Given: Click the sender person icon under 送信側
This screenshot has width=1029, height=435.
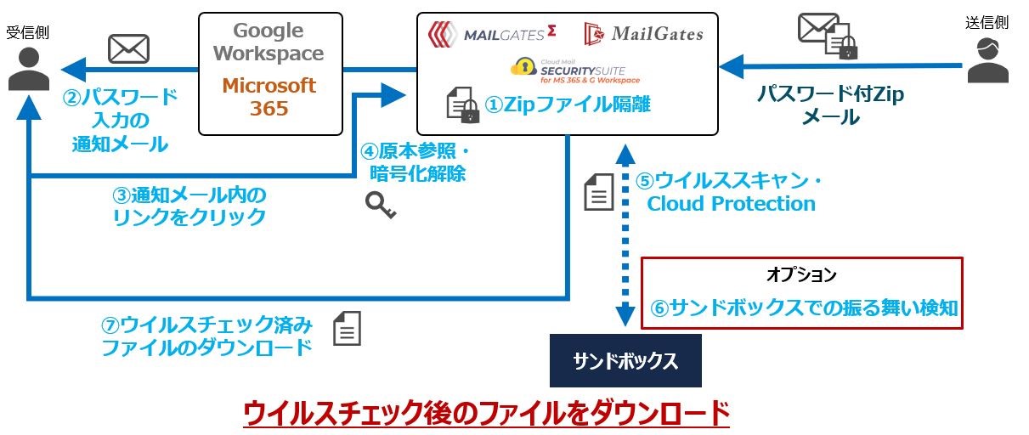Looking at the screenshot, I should (x=987, y=61).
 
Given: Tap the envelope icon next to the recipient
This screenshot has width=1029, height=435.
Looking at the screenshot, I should (x=128, y=48).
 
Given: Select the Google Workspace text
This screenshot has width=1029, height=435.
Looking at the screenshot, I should (x=268, y=42).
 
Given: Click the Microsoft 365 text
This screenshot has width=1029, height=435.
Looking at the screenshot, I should (x=269, y=97).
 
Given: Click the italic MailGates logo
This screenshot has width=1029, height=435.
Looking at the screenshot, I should (x=644, y=34).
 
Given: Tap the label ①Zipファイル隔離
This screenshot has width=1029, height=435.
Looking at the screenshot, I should (x=562, y=105).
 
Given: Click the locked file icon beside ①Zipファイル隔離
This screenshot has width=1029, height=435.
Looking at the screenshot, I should (x=464, y=105).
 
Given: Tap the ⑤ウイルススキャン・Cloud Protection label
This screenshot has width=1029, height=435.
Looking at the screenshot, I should (x=731, y=193).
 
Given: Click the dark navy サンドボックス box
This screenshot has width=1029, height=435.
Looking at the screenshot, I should (x=625, y=360).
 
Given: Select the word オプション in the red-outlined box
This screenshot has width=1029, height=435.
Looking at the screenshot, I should (x=800, y=275).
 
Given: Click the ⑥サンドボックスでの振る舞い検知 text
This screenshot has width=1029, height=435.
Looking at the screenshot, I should (x=804, y=308).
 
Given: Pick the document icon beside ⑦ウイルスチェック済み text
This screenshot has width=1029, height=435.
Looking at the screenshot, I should (x=347, y=328).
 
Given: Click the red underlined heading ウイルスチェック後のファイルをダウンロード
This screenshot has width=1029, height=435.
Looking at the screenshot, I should (x=486, y=413).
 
